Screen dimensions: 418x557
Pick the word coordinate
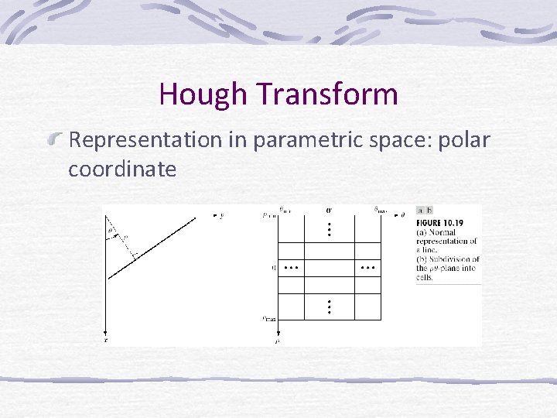click(x=122, y=169)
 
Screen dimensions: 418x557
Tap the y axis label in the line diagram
click(x=222, y=216)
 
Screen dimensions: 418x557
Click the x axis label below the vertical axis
click(x=106, y=339)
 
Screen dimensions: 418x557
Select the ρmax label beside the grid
click(x=268, y=317)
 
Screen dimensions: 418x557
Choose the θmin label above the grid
click(x=285, y=209)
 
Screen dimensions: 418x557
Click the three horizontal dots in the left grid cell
click(x=291, y=268)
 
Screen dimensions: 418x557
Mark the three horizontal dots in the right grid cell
click(x=367, y=268)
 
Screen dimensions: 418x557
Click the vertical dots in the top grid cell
click(x=329, y=230)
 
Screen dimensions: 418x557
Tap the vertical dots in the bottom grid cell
click(x=329, y=306)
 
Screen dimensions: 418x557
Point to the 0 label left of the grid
click(x=273, y=268)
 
